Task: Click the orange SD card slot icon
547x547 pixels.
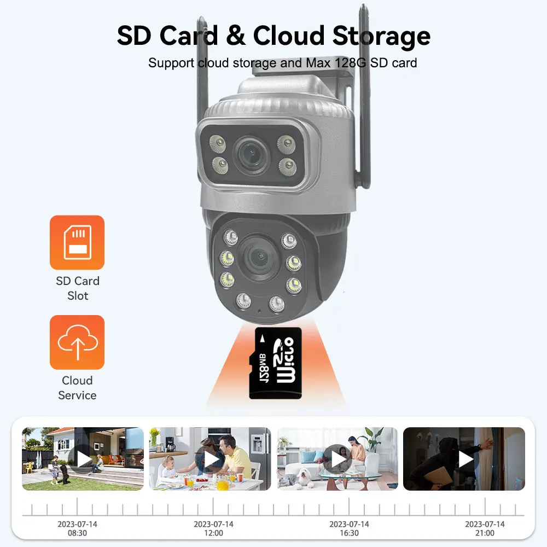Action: (x=77, y=242)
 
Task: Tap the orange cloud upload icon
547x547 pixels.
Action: (x=77, y=342)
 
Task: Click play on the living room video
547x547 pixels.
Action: (x=337, y=459)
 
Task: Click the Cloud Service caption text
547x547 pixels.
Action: (x=77, y=388)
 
